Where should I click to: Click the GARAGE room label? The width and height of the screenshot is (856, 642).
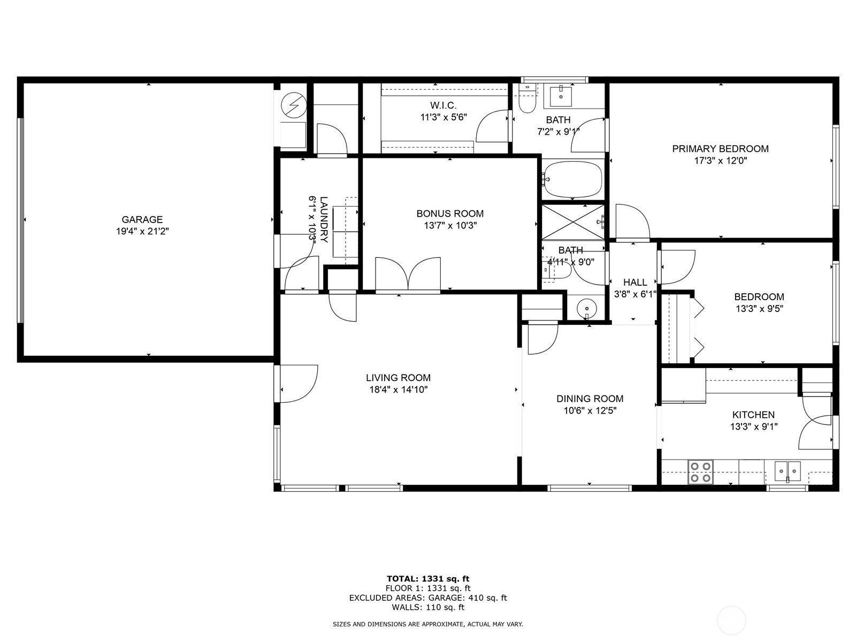point(142,219)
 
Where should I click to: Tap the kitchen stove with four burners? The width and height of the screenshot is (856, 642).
point(701,472)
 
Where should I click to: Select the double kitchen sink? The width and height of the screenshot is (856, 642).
point(788,472)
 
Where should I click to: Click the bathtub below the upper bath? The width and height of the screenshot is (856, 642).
point(572,179)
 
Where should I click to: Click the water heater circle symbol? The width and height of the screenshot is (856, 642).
point(293,105)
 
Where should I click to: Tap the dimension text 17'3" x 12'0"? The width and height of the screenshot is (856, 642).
point(720,160)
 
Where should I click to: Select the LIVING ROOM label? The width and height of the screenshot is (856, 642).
point(398,378)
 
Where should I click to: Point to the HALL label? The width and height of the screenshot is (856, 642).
point(635,282)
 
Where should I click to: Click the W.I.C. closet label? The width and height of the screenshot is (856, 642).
point(444,105)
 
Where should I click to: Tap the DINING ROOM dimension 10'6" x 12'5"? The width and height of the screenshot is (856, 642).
point(590,411)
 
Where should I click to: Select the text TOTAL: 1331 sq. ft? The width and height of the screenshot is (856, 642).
point(428,578)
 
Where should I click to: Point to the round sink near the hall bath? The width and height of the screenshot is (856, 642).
point(587,309)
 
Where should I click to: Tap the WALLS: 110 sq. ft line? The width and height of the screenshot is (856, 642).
point(428,607)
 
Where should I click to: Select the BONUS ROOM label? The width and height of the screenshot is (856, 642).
point(450,213)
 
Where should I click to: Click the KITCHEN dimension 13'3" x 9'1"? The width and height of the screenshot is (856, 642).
point(753,426)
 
